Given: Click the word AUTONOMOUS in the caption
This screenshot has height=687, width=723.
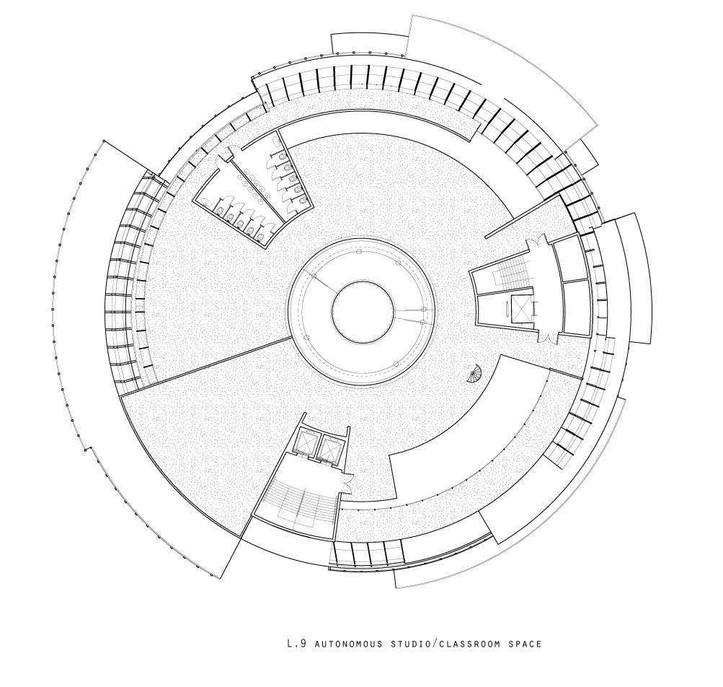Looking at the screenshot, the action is (348, 644).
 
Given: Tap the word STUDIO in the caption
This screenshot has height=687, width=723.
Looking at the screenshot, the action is (412, 644).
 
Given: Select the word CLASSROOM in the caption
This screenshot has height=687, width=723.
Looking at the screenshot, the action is (469, 644).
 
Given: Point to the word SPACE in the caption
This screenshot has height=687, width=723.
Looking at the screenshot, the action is (525, 644).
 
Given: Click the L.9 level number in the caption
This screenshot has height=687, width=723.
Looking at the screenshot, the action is (296, 643).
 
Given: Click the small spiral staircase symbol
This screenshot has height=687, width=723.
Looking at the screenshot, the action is (474, 373).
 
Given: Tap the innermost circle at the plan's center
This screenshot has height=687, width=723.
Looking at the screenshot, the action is (363, 311).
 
